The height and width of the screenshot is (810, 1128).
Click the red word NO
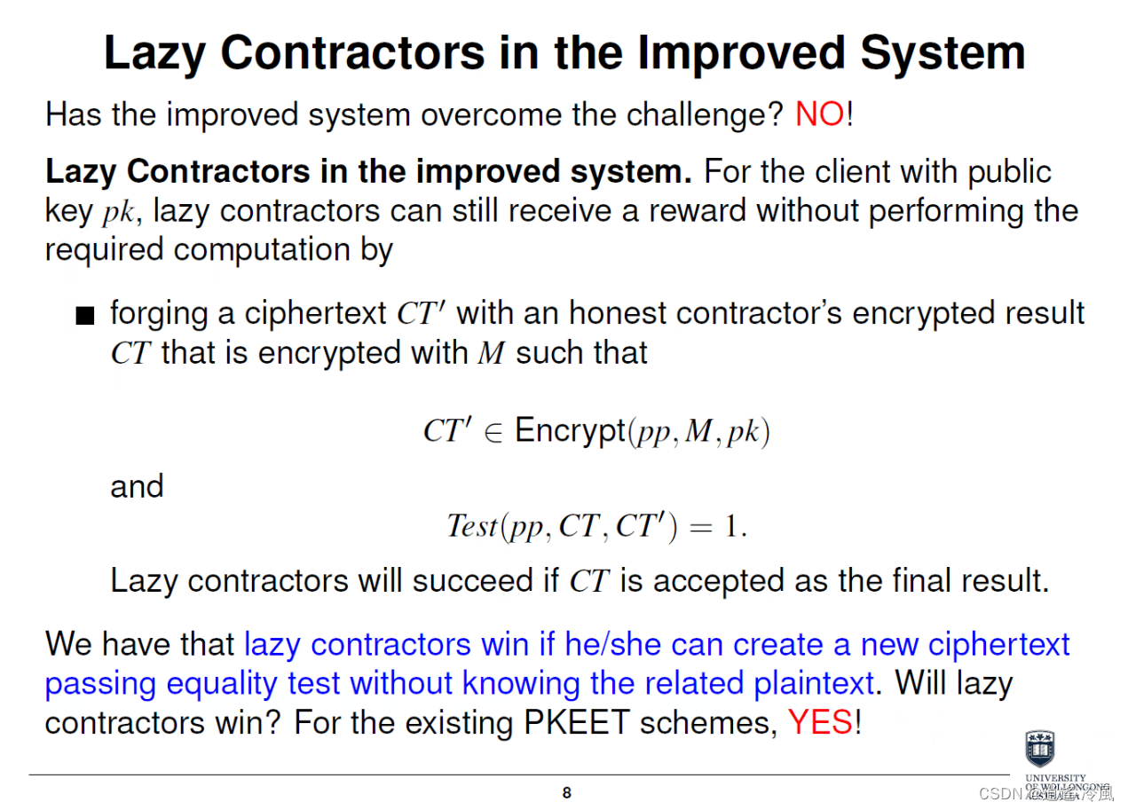click(819, 114)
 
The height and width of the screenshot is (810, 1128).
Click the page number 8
click(567, 793)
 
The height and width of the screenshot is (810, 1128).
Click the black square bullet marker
click(84, 316)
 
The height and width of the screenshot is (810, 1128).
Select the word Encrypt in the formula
click(570, 431)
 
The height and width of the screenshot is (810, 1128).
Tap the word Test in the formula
click(472, 526)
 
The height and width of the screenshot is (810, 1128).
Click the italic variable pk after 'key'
click(117, 212)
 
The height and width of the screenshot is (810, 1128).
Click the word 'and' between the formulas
click(137, 486)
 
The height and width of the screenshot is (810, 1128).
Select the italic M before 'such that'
click(491, 353)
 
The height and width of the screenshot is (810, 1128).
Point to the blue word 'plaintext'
click(814, 684)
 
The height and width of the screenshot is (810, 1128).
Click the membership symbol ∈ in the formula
click(493, 432)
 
